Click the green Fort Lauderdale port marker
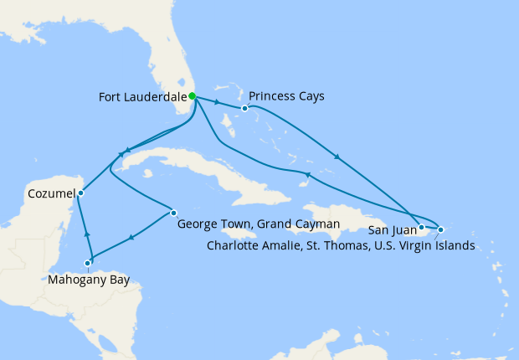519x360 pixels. [x=192, y=96]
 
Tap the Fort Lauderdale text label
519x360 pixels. [x=141, y=96]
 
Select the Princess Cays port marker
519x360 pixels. [x=244, y=108]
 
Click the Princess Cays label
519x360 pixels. [x=286, y=96]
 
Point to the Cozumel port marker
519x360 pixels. [x=80, y=193]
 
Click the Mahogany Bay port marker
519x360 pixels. [x=88, y=264]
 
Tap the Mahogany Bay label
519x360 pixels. [x=89, y=280]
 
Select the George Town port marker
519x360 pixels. [x=173, y=212]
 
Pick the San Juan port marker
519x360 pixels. [x=422, y=226]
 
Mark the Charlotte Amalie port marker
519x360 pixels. [x=440, y=229]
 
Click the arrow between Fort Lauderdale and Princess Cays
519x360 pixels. [x=217, y=103]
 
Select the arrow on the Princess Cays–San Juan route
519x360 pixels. [x=337, y=157]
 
